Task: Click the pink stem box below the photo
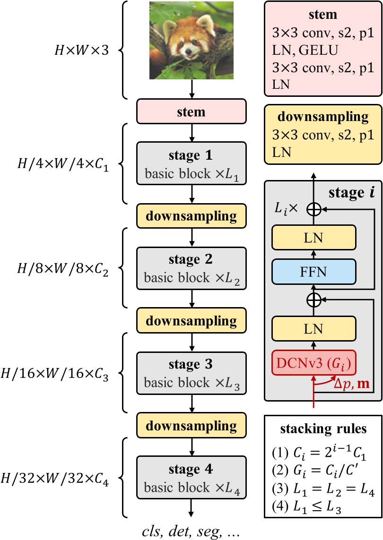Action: (191, 111)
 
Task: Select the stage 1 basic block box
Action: (191, 163)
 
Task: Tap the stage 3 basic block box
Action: (191, 373)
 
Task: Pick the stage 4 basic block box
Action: (191, 477)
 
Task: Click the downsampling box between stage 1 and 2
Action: (191, 216)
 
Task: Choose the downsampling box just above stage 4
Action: (191, 425)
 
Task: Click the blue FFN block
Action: (313, 272)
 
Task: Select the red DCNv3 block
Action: (313, 363)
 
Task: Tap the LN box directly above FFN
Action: (313, 238)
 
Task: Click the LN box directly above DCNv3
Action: (313, 329)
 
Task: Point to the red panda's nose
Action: (189, 51)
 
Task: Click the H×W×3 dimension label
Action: (82, 50)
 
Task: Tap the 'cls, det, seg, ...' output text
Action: (191, 531)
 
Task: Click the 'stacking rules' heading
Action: (323, 429)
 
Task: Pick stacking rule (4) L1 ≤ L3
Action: (306, 506)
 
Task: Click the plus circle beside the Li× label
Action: (313, 209)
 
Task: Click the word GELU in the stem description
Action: (318, 50)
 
